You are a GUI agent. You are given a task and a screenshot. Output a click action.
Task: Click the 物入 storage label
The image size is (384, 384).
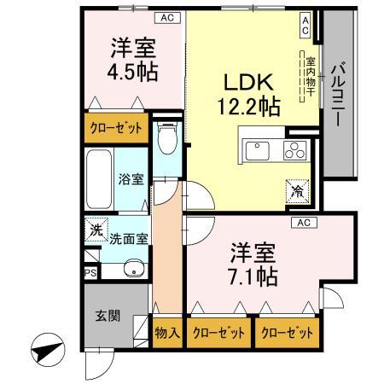pyautogui.click(x=167, y=333)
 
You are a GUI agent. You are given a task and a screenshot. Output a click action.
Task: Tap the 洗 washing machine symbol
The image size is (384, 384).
pyautogui.click(x=96, y=230)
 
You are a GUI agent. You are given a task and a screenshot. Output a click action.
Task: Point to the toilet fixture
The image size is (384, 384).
pyautogui.click(x=167, y=137)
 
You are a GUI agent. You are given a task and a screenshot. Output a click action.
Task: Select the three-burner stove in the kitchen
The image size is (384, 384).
pyautogui.click(x=292, y=152)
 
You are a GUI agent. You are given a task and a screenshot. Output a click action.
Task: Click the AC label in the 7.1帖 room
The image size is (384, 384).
pyautogui.click(x=302, y=223)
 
